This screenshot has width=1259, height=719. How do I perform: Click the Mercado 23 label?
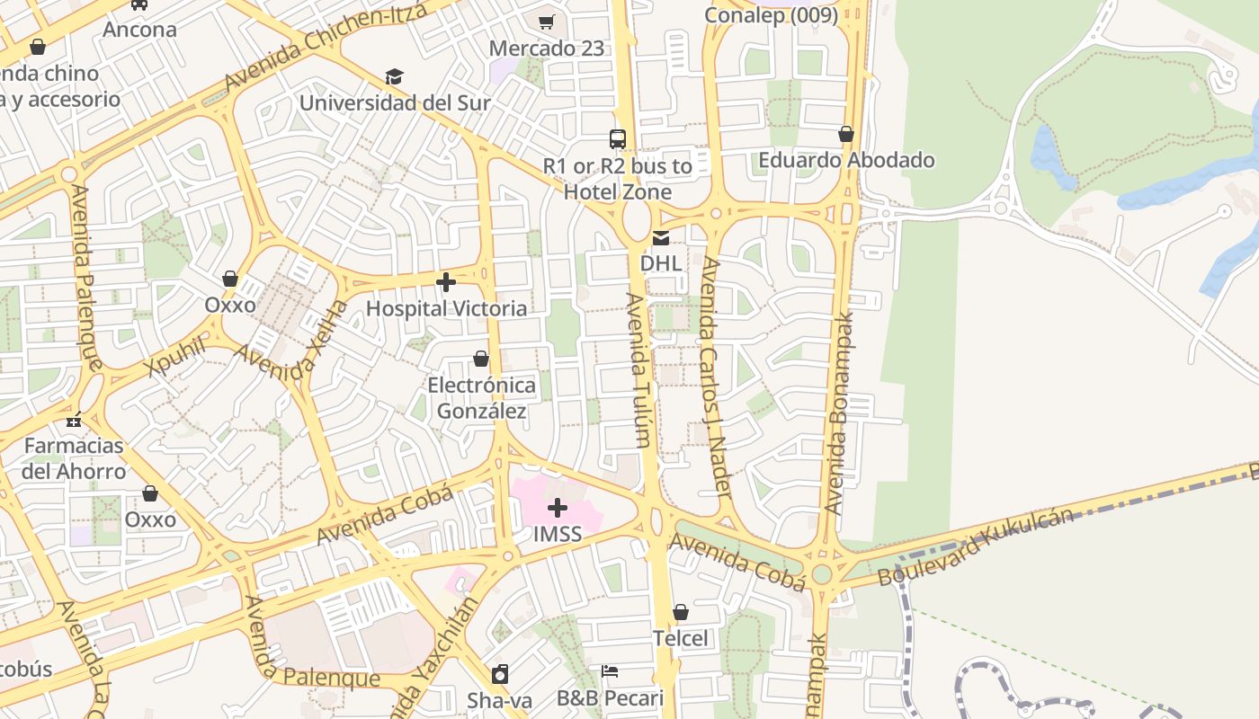tap(547, 49)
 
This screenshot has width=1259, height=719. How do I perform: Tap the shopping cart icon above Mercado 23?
tap(547, 22)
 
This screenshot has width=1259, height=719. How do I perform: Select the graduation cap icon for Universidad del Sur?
tap(394, 76)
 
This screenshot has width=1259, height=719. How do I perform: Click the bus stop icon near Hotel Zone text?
tap(618, 139)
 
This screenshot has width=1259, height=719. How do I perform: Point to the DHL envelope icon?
tap(661, 238)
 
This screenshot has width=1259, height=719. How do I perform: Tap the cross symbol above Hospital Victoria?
tap(446, 283)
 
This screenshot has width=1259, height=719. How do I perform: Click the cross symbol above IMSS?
tap(558, 508)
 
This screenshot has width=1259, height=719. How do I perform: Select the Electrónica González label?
tap(481, 398)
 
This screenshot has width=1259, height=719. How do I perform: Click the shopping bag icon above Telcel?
tap(681, 612)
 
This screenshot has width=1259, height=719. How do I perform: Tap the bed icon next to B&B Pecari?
tap(610, 671)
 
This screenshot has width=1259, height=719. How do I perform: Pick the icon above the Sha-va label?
tap(500, 674)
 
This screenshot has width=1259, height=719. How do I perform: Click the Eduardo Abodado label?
tap(846, 160)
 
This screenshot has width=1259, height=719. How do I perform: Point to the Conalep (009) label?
tap(771, 14)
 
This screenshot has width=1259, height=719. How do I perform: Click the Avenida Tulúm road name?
tap(638, 368)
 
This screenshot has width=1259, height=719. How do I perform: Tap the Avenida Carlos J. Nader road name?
tap(716, 377)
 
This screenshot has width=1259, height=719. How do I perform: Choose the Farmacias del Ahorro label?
tap(75, 458)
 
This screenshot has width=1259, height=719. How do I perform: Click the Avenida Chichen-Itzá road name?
tap(325, 45)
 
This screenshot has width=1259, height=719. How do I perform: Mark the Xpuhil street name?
tap(176, 358)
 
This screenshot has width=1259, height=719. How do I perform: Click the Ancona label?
tap(139, 29)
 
